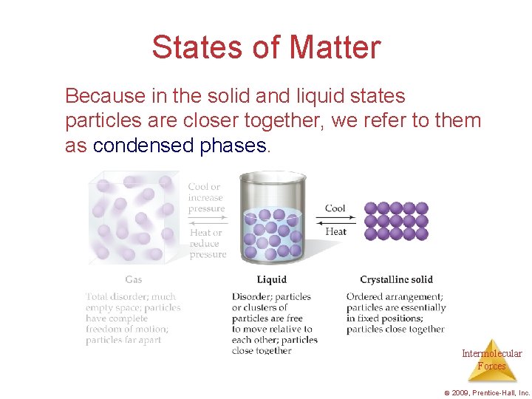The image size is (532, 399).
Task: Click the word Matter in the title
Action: tap(335, 47)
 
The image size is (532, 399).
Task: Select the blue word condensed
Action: tap(144, 146)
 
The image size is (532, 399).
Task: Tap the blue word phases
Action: tap(233, 146)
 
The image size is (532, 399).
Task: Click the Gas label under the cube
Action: tap(134, 279)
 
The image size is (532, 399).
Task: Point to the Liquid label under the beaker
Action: tap(271, 279)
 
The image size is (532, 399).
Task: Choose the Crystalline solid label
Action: tap(396, 279)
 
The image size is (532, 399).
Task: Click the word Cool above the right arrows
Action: tap(335, 208)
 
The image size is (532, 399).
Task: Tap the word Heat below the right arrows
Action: tap(335, 231)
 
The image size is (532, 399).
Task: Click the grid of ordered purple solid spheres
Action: tap(396, 220)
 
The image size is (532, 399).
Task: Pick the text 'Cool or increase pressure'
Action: tap(206, 198)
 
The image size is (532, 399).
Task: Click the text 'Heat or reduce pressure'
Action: tap(207, 243)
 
